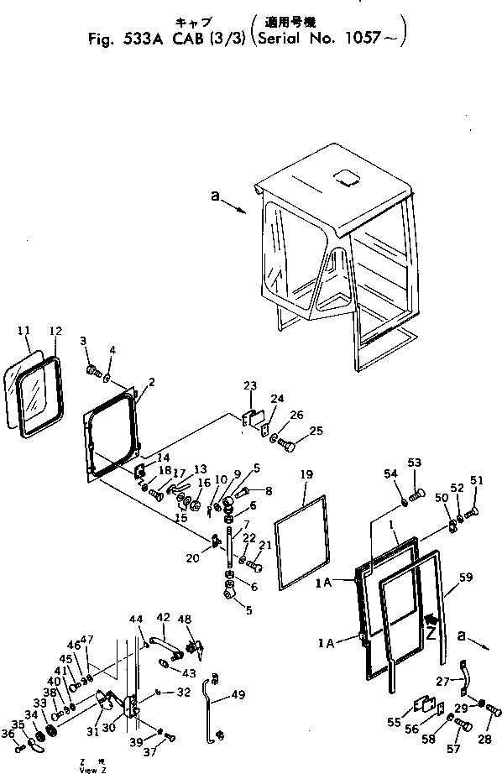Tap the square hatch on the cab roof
click(x=346, y=179)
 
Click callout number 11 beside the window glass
click(x=24, y=331)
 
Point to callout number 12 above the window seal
click(x=55, y=331)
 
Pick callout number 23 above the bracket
click(x=249, y=387)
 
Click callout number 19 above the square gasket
click(x=307, y=474)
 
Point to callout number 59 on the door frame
click(x=467, y=578)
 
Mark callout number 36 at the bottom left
click(x=8, y=734)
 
